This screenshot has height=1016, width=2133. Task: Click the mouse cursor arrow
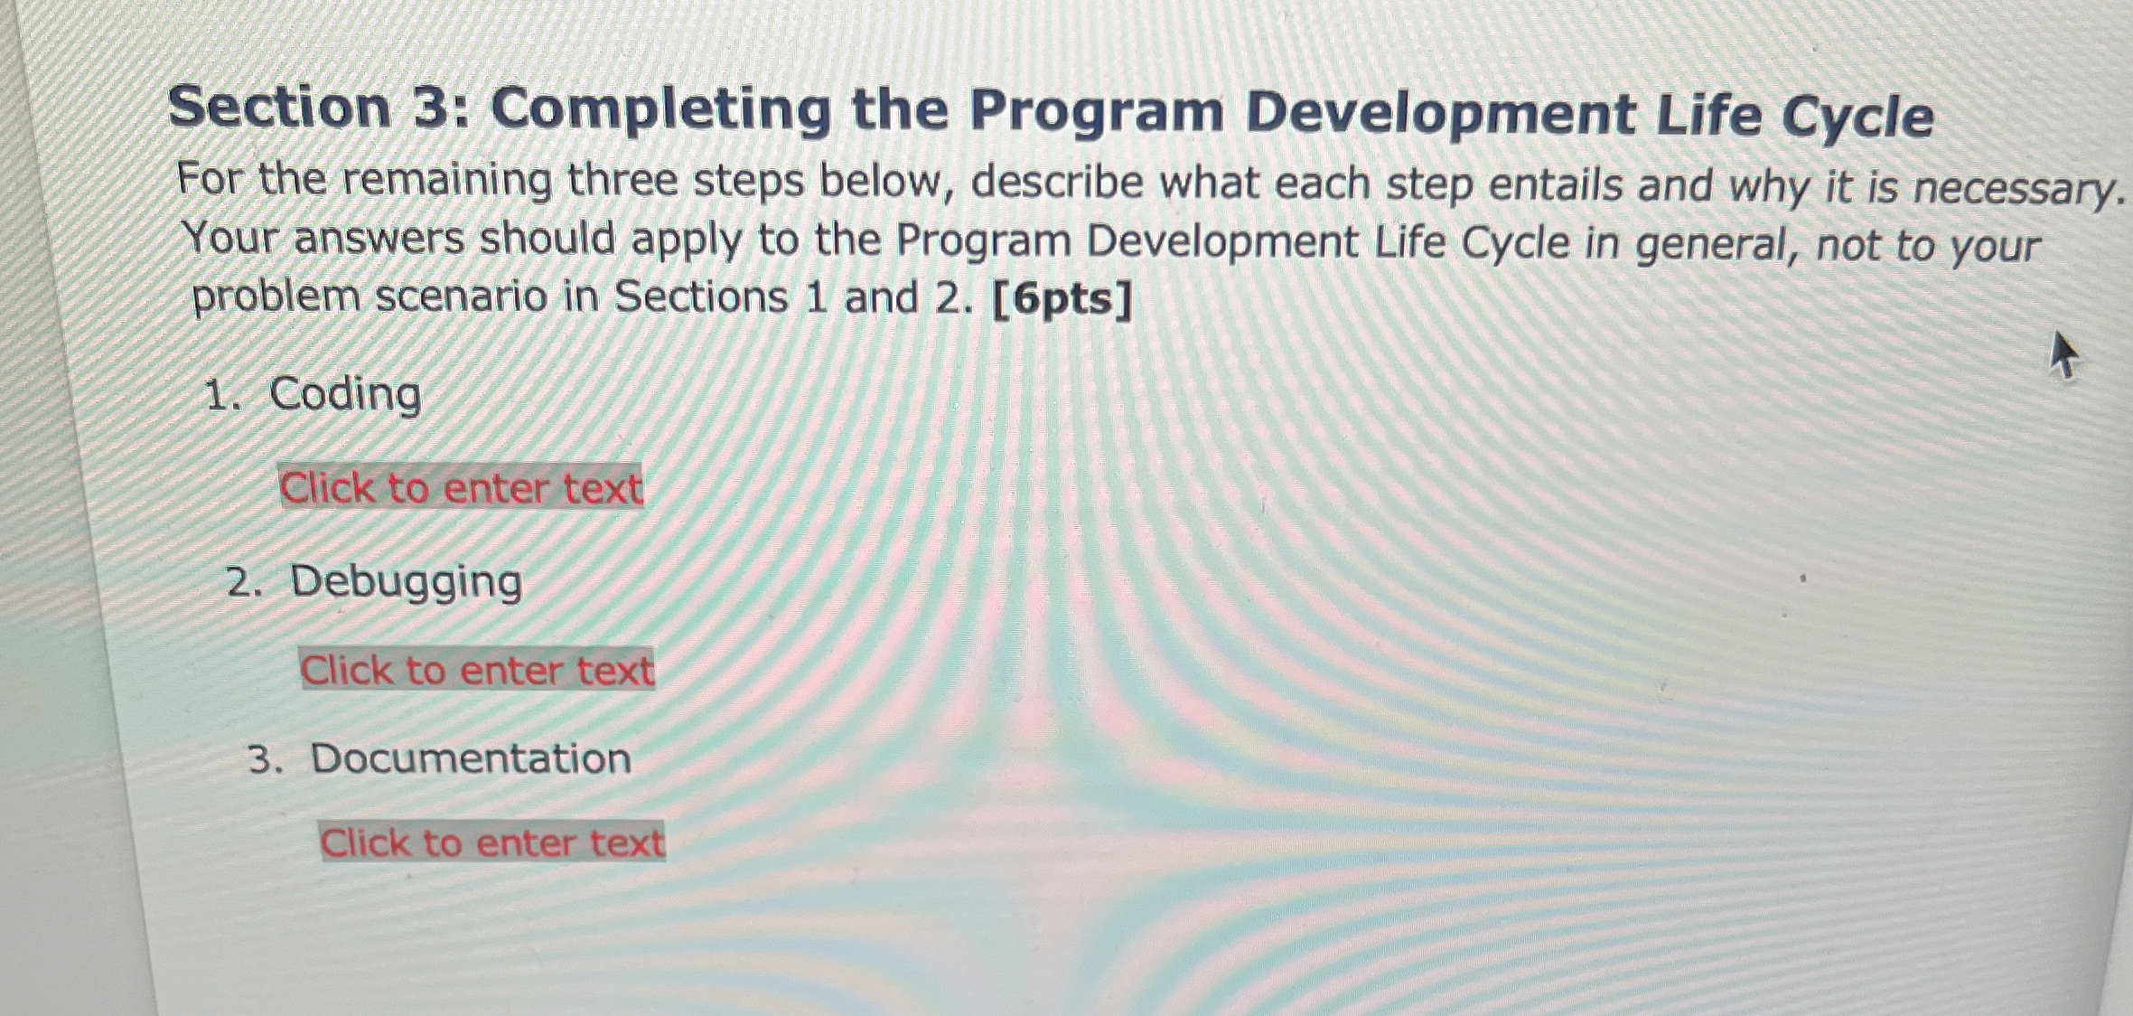tap(2062, 355)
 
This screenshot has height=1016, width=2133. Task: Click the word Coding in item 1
tap(346, 395)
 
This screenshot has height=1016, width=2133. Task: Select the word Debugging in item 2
tap(406, 581)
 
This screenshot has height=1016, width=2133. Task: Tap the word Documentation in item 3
tap(471, 757)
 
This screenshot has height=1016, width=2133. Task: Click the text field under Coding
tap(461, 488)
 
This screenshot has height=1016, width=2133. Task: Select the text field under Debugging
tap(477, 670)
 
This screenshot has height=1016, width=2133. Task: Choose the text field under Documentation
tap(492, 842)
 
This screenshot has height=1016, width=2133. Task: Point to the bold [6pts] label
tap(1062, 300)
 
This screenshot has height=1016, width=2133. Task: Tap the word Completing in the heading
tap(660, 109)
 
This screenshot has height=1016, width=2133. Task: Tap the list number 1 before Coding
tap(220, 396)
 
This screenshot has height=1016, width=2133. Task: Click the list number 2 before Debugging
tap(243, 583)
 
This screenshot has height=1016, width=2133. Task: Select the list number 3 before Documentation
tap(265, 759)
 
